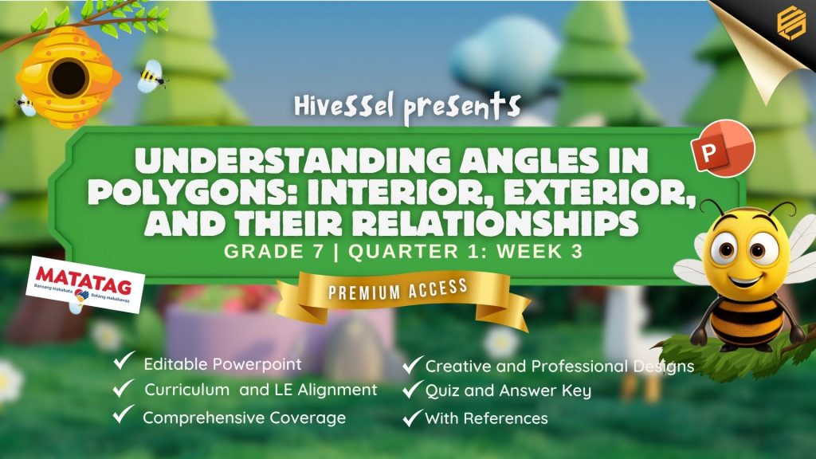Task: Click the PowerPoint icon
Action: (x=722, y=149)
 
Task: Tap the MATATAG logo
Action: (x=85, y=284)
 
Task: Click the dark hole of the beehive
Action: (x=69, y=77)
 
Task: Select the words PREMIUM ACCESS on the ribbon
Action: (x=398, y=289)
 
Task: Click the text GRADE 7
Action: (x=274, y=251)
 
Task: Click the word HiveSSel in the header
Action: (x=344, y=106)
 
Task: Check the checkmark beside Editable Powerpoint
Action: (x=124, y=360)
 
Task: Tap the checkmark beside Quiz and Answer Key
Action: (x=412, y=389)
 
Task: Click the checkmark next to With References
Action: (x=412, y=418)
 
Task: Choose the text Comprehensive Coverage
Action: (x=244, y=418)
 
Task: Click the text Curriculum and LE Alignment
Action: (x=261, y=390)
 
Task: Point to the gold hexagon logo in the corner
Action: (x=791, y=22)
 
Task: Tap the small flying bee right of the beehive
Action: (x=151, y=76)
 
